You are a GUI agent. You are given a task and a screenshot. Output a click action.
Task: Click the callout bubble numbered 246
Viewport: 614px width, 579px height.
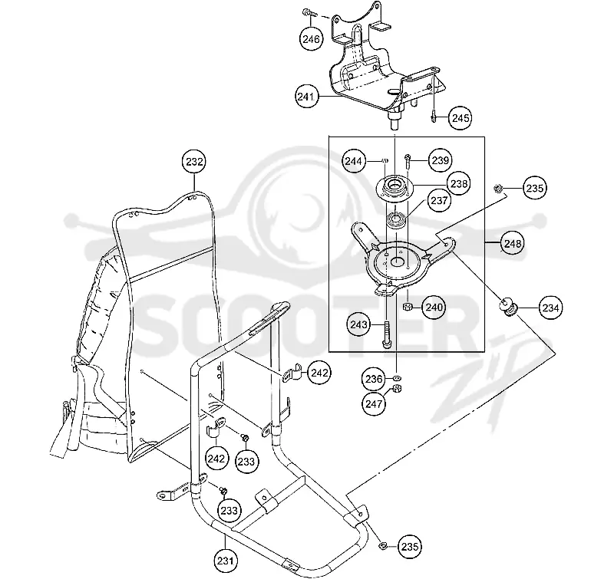click(x=312, y=39)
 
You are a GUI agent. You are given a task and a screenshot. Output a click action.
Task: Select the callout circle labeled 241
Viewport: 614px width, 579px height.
click(x=306, y=97)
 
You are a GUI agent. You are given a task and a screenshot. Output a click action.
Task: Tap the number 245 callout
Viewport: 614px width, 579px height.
click(x=460, y=118)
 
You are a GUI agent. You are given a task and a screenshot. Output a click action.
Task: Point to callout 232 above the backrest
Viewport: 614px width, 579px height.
click(x=195, y=162)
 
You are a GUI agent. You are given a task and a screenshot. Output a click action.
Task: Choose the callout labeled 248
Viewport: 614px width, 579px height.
click(x=513, y=243)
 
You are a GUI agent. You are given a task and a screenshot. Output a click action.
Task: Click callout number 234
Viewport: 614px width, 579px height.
click(x=550, y=308)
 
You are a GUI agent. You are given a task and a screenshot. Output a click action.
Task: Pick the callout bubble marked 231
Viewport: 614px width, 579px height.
click(x=226, y=561)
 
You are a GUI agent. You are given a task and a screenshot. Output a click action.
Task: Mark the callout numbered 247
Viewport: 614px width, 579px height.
click(x=374, y=403)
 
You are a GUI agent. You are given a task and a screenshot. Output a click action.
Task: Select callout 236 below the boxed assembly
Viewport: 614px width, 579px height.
click(x=374, y=378)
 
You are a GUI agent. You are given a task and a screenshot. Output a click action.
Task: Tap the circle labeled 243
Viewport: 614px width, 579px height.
click(x=359, y=324)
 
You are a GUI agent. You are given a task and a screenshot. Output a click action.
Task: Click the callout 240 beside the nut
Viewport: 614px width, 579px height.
click(x=434, y=307)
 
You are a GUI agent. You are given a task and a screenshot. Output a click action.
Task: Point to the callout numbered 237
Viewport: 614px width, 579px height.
click(x=439, y=200)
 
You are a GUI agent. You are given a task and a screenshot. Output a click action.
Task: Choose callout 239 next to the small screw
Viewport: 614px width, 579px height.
click(x=440, y=160)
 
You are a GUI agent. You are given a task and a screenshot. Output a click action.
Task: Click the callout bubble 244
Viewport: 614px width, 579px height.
click(x=354, y=161)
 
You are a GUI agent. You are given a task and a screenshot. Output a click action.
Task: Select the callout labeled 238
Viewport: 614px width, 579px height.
click(x=458, y=183)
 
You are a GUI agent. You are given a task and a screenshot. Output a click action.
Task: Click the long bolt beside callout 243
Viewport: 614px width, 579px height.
click(x=387, y=334)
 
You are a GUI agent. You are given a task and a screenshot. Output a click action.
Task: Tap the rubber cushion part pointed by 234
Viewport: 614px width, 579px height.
click(x=507, y=307)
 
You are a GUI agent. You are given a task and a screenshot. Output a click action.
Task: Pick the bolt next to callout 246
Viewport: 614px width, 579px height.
click(x=309, y=14)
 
